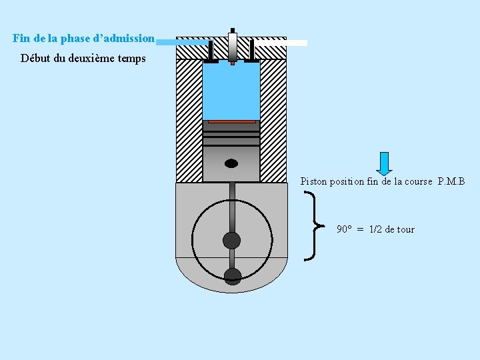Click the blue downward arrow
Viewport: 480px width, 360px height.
pos(384,163)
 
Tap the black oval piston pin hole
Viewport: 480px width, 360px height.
pos(231,163)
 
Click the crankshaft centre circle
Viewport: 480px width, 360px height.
pos(231,240)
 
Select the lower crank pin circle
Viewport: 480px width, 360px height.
pos(232,275)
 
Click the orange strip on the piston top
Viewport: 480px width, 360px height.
pos(231,121)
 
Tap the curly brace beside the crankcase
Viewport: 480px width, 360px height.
pos(311,225)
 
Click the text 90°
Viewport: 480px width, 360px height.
pos(344,229)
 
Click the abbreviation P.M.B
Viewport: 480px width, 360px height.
pos(451,181)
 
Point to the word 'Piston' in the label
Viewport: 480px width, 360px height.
pos(314,181)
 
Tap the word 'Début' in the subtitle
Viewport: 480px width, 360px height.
pos(35,58)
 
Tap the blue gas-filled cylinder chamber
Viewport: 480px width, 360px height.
pos(231,90)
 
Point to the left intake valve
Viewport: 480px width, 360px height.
pos(211,53)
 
